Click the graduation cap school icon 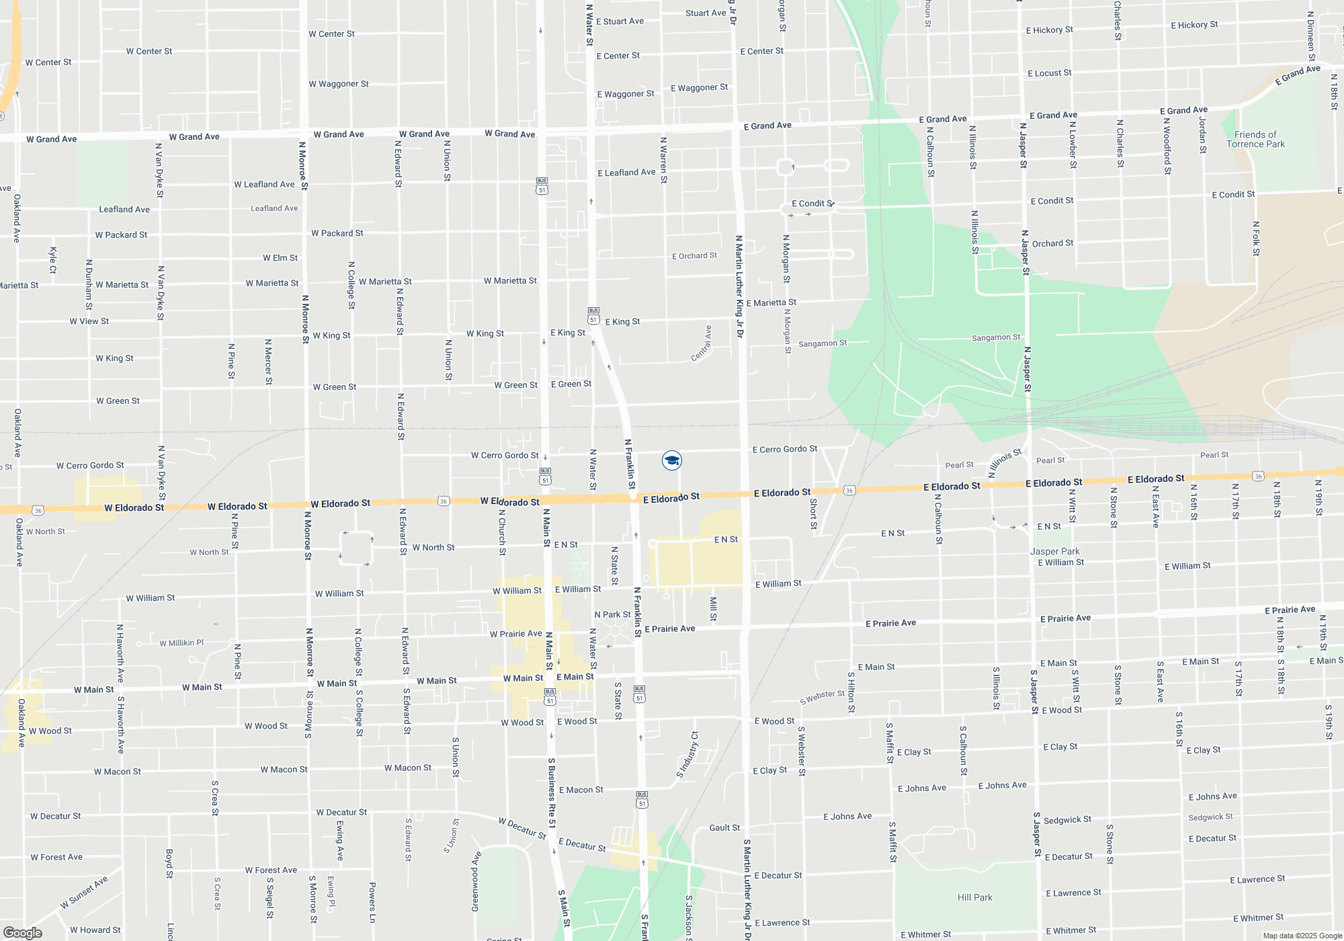[x=672, y=460]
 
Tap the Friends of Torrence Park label [x=1255, y=139]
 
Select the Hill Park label [x=974, y=897]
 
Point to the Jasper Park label [x=1055, y=551]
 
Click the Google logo [x=22, y=933]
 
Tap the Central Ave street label [x=702, y=343]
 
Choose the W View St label [x=89, y=321]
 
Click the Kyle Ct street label [x=53, y=260]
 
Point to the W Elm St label [x=280, y=258]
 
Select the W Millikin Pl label [x=181, y=643]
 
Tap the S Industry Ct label [x=688, y=755]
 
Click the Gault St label [x=724, y=827]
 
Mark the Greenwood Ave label [x=476, y=881]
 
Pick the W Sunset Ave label [x=84, y=893]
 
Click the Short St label [x=813, y=514]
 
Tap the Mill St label [x=713, y=608]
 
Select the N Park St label [x=612, y=614]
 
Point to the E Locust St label [x=1049, y=73]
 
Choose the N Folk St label [x=1256, y=239]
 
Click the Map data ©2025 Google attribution [x=1302, y=936]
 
